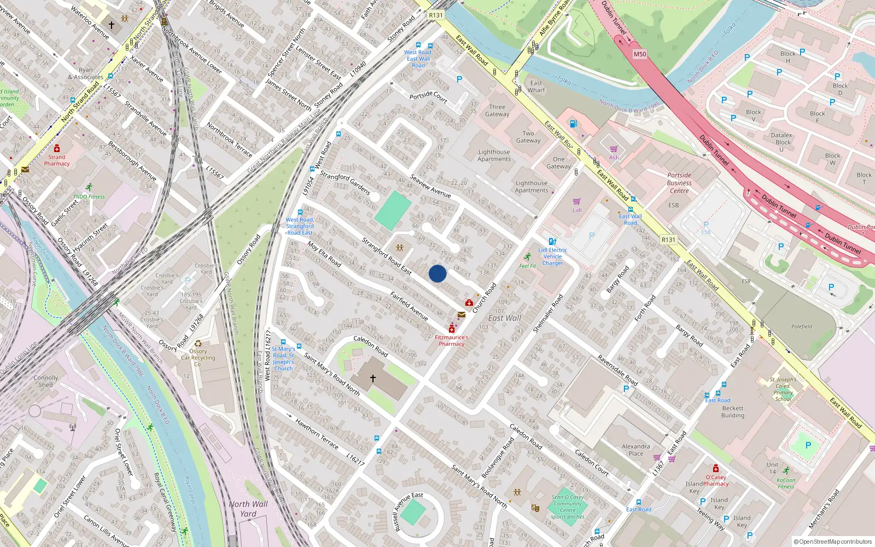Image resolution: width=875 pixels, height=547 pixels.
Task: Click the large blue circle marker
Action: tap(437, 273)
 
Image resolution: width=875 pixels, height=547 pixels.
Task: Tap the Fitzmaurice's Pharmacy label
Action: tap(451, 341)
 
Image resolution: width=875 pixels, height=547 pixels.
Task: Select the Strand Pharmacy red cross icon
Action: tap(57, 148)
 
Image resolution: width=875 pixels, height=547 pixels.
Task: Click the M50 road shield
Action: tap(640, 54)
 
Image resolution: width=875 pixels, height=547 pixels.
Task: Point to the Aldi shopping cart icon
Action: tap(614, 149)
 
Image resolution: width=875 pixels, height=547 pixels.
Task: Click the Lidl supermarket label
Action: tap(577, 210)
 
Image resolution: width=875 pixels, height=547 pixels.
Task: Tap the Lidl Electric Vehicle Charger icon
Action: tap(552, 241)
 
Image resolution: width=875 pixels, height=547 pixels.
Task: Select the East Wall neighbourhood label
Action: tap(505, 318)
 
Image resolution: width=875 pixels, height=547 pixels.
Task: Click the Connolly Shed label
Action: tap(46, 381)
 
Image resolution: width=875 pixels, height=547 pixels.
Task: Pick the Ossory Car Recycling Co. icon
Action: tap(198, 344)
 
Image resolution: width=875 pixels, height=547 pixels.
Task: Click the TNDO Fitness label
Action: tap(89, 196)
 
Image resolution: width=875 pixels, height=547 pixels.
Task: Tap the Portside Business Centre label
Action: tap(679, 183)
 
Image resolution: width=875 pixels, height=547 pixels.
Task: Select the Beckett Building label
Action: tap(733, 411)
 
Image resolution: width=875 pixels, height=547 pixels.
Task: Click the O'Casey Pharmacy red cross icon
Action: tap(716, 469)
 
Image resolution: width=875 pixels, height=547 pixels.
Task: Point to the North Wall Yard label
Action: tap(248, 509)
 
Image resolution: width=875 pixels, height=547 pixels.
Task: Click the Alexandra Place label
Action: tap(636, 450)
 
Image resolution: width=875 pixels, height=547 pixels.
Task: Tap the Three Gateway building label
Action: tap(497, 110)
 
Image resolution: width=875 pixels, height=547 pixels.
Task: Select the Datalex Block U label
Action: tap(781, 142)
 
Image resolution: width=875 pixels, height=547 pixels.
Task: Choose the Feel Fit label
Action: tap(528, 266)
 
